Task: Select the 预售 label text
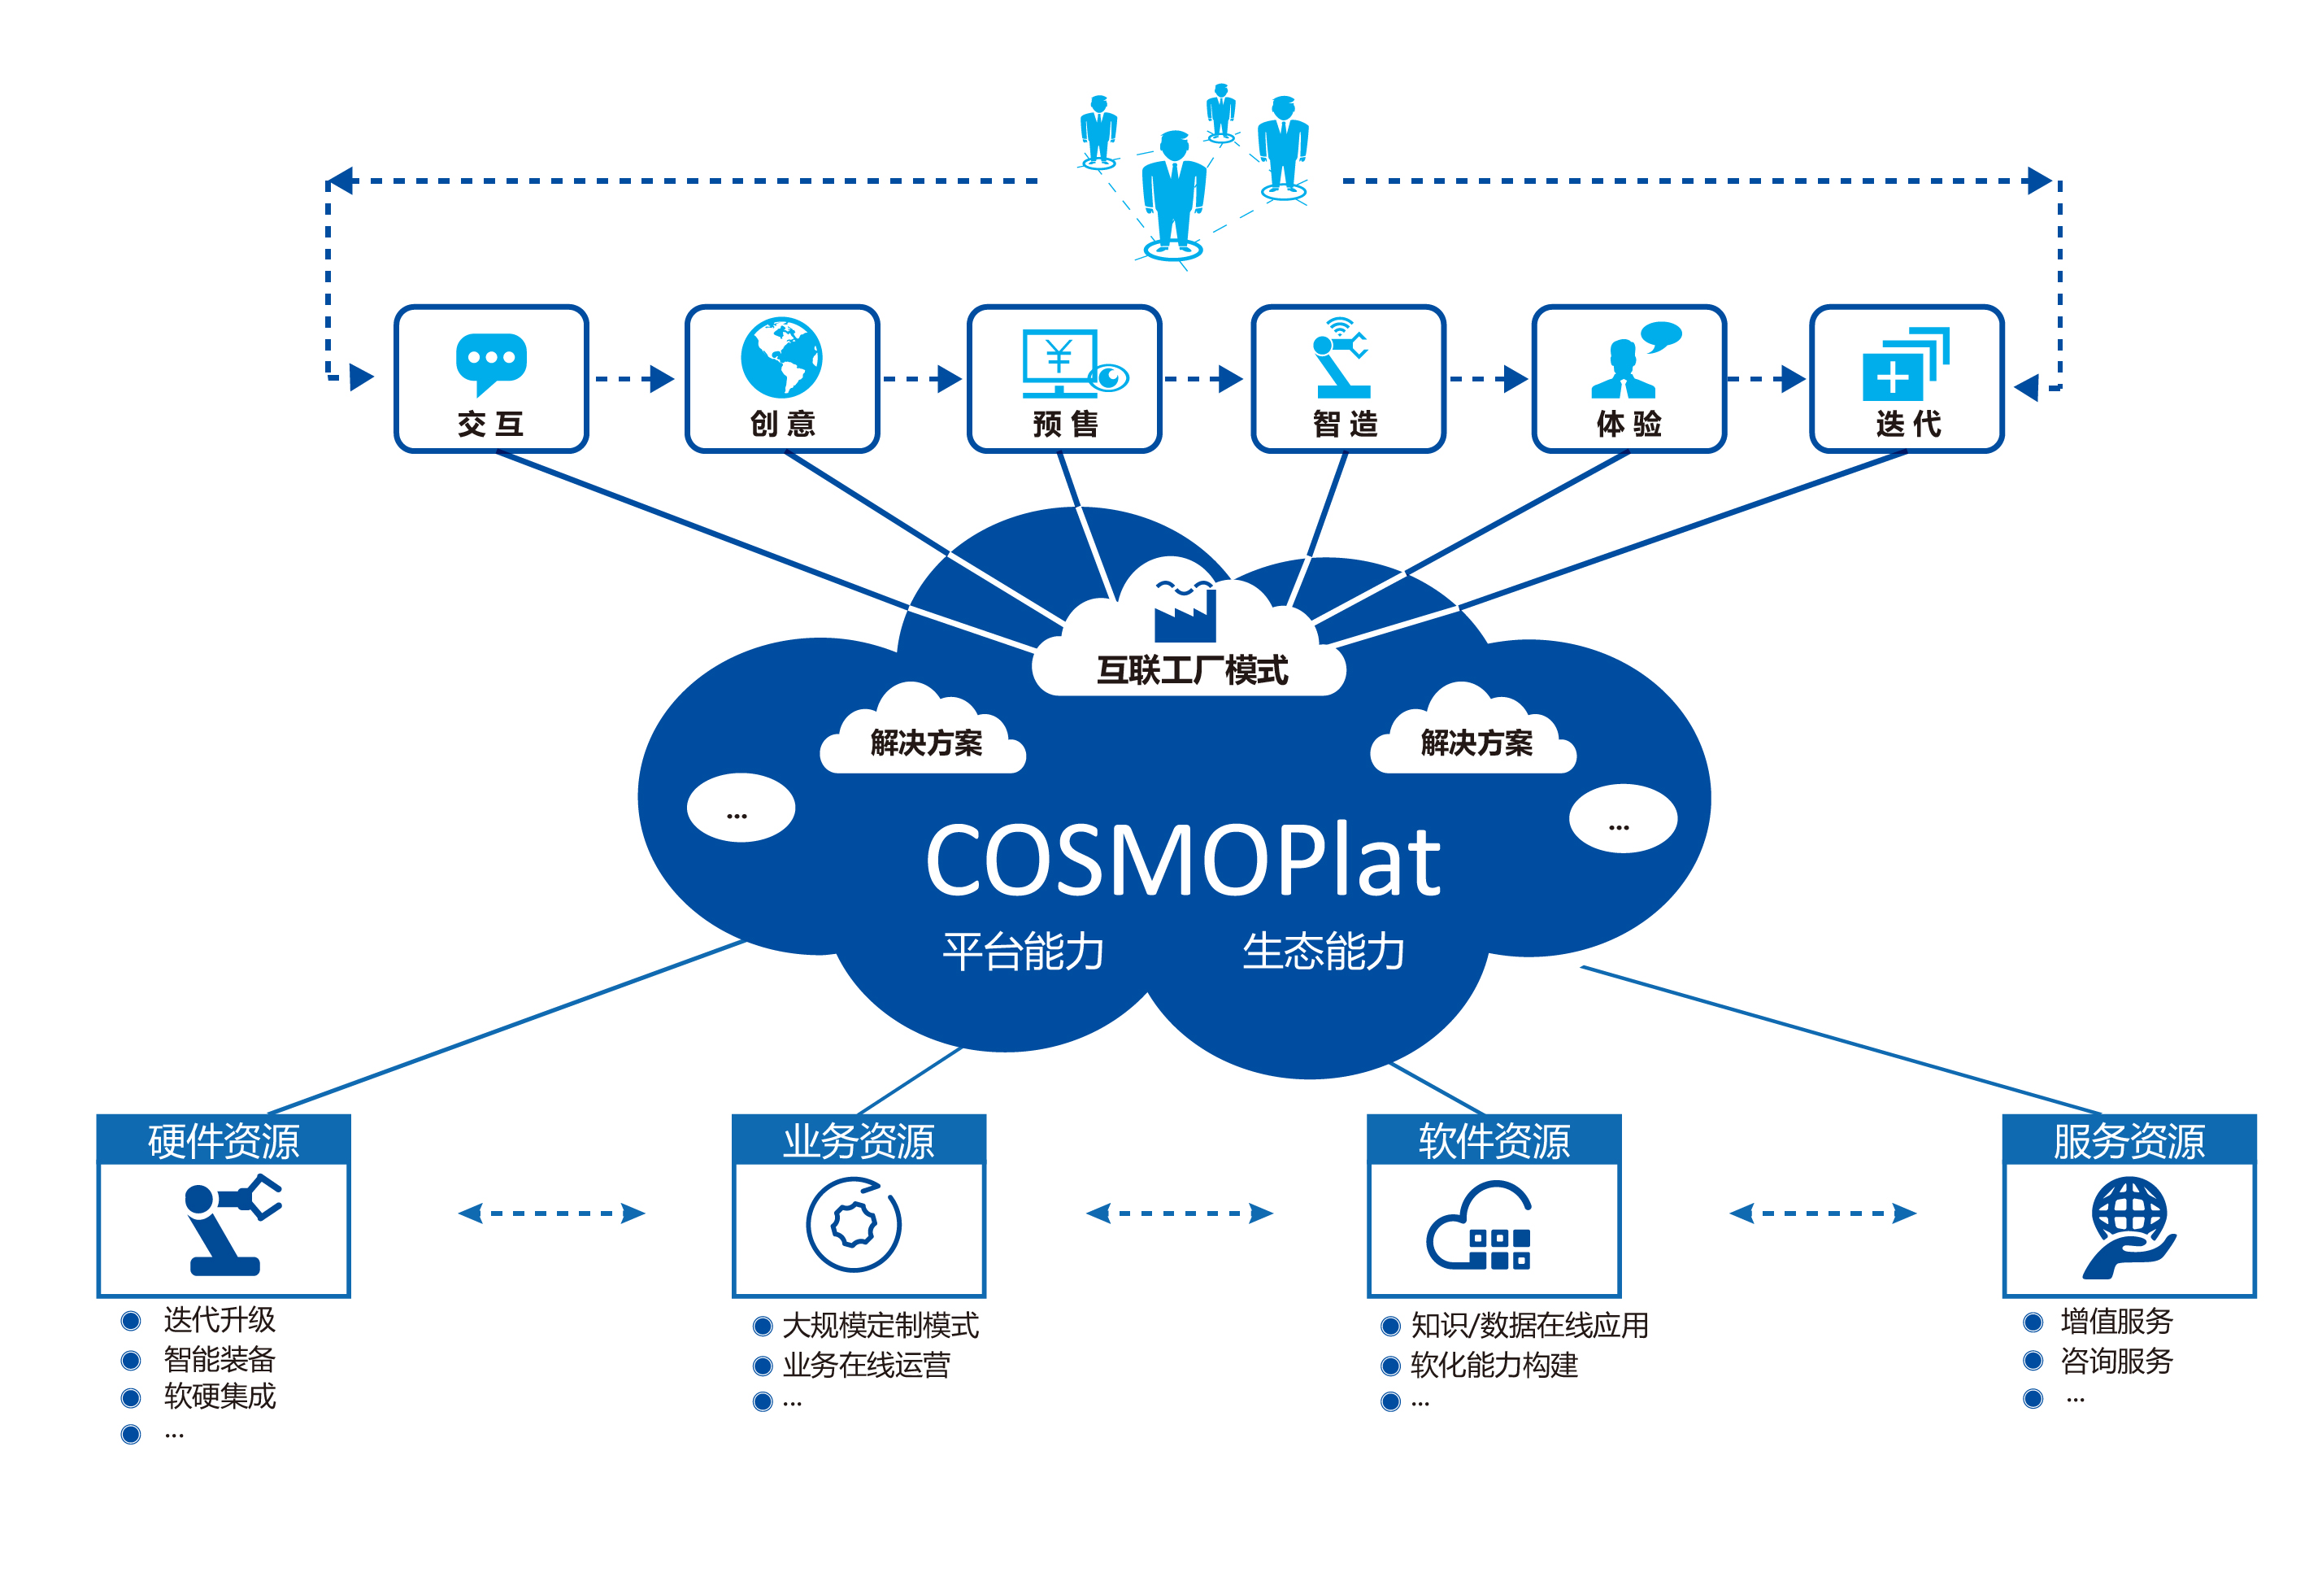(1065, 425)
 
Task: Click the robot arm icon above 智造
(1341, 358)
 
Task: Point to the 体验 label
(1628, 425)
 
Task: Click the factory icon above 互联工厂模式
(1185, 608)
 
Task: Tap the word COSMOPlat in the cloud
(1182, 861)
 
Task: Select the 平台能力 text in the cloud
(1024, 951)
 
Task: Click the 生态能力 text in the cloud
(1324, 951)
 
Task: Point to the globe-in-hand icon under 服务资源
(2129, 1228)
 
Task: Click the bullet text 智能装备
(220, 1358)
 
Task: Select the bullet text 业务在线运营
(867, 1365)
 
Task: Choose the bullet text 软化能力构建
(1494, 1365)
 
